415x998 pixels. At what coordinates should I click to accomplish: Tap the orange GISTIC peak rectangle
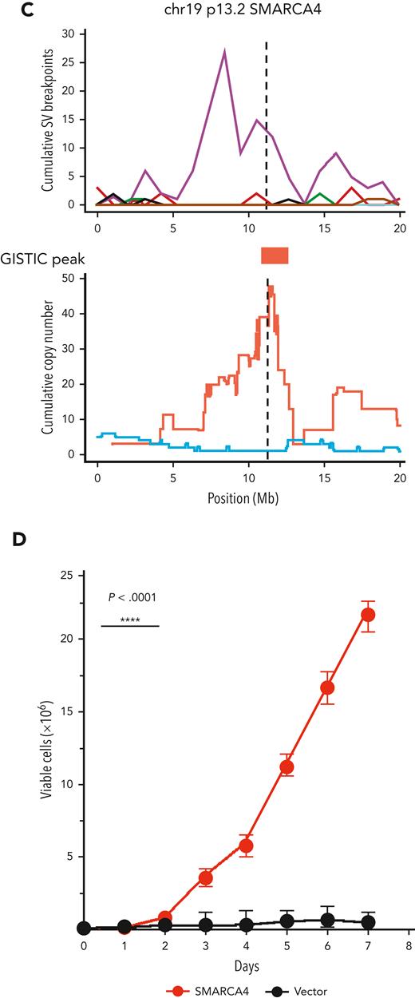(275, 255)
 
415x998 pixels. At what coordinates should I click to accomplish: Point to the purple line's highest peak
(225, 52)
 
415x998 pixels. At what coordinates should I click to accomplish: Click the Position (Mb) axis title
(248, 496)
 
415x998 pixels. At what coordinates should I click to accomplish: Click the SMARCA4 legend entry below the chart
(207, 990)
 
